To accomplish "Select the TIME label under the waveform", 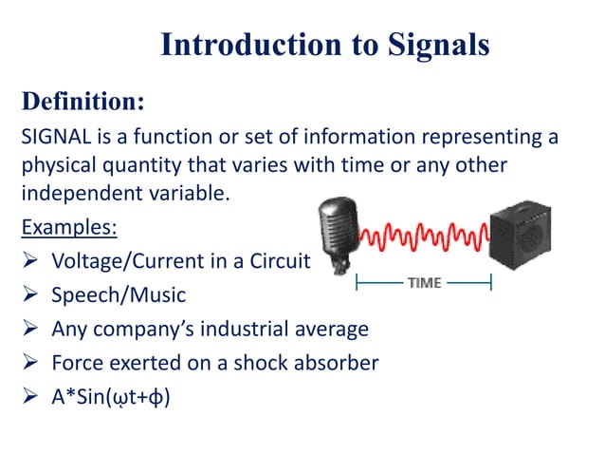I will tap(423, 283).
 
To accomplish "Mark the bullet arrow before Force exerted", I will tap(29, 363).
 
